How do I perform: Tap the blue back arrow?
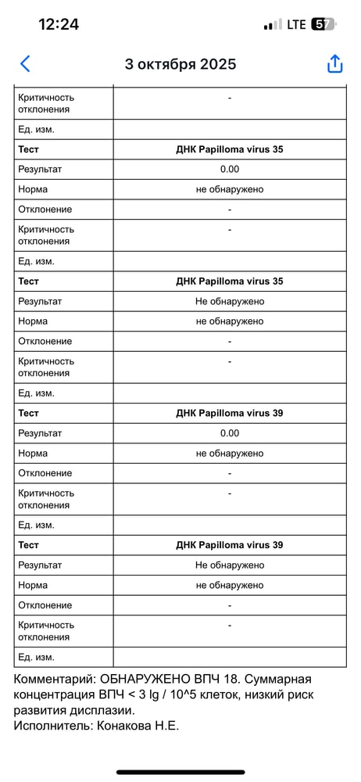[x=26, y=64]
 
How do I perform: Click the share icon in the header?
[x=334, y=64]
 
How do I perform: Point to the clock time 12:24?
[x=59, y=24]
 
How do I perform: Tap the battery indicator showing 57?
[x=323, y=24]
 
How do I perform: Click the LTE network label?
[x=296, y=24]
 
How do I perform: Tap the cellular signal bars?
[x=273, y=24]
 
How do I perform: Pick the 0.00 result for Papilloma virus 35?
[x=230, y=169]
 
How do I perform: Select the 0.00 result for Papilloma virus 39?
[x=230, y=433]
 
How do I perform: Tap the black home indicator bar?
[x=180, y=772]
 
